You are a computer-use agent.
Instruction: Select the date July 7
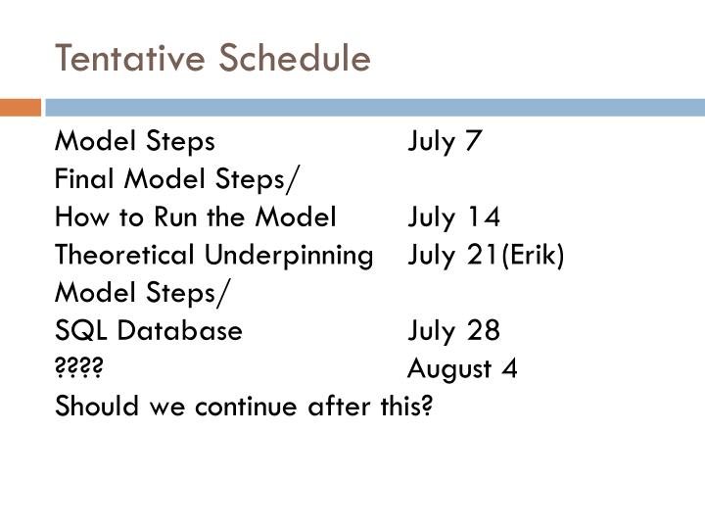[446, 142]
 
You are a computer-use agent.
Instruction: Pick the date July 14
[454, 217]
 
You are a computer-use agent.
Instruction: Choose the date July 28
[454, 331]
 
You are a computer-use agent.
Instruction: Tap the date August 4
[463, 368]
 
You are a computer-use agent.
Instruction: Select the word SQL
[76, 331]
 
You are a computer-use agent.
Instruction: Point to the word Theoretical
[126, 255]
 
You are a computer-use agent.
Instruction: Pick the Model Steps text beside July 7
[134, 142]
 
